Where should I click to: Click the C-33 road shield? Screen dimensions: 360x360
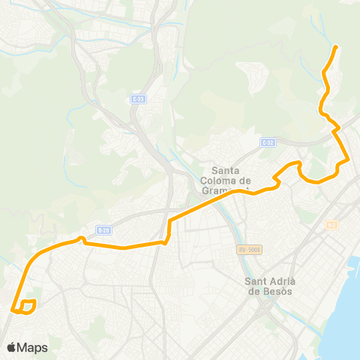pos(136,99)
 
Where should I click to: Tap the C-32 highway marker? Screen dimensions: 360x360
pos(268,142)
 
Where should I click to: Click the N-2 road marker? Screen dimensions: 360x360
pos(332,225)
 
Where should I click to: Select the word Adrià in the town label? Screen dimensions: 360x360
pos(282,281)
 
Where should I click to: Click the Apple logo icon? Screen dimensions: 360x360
pos(11,347)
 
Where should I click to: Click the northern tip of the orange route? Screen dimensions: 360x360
pos(334,47)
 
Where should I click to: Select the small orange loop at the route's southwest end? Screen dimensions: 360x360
pos(26,306)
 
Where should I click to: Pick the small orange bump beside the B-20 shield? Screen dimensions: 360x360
pos(80,239)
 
